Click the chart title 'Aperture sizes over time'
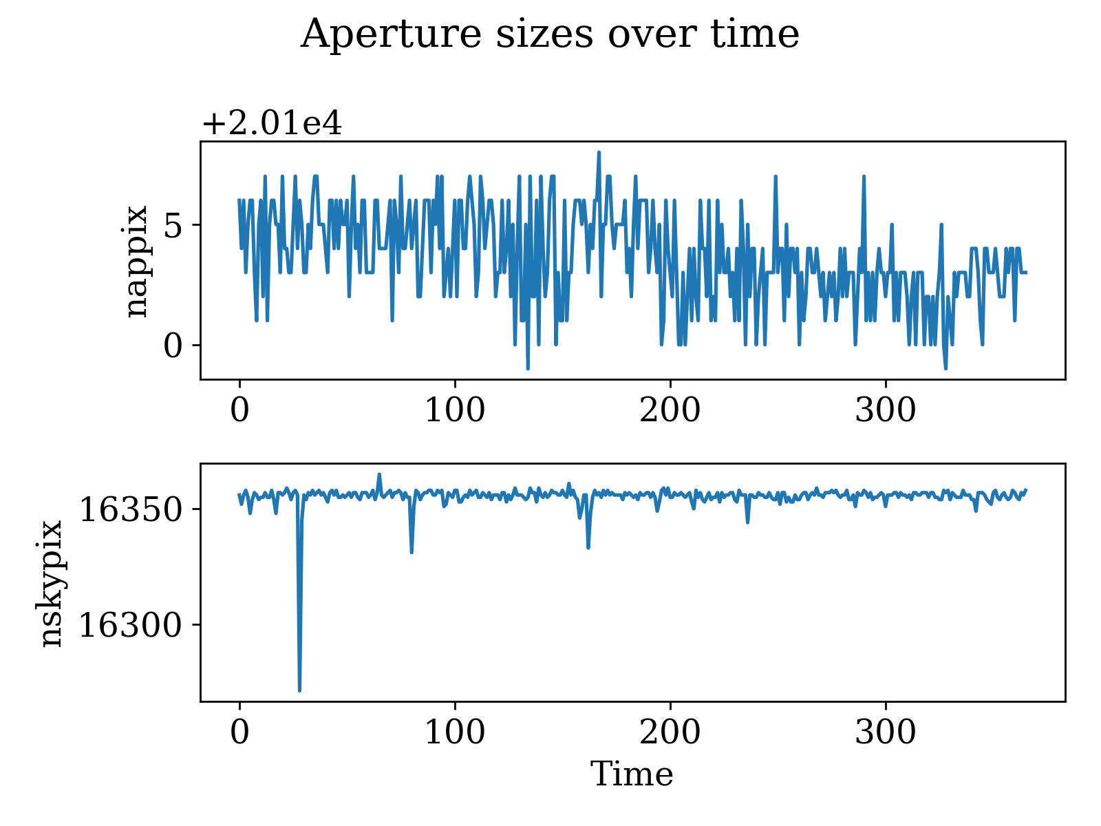click(549, 34)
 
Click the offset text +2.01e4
click(272, 125)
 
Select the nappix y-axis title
click(136, 262)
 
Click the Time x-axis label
click(632, 774)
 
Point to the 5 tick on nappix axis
click(177, 225)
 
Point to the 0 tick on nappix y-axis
click(177, 346)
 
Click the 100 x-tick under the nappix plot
click(454, 411)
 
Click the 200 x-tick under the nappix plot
click(670, 411)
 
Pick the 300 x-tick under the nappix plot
click(885, 411)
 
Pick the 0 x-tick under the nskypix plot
click(239, 733)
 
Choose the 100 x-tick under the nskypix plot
click(454, 733)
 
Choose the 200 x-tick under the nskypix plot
click(670, 733)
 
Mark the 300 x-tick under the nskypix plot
click(885, 733)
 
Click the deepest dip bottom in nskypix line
click(299, 690)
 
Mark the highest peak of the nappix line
click(599, 152)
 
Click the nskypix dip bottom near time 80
click(411, 552)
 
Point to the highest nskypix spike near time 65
click(379, 474)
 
